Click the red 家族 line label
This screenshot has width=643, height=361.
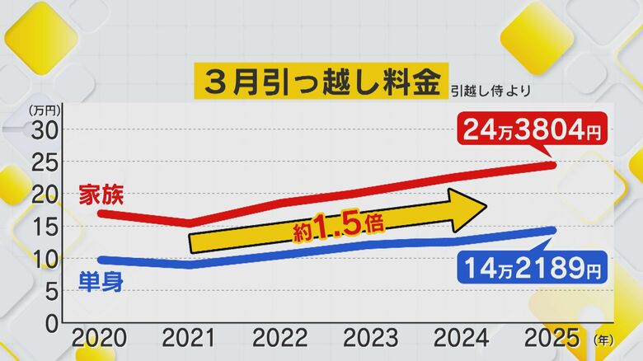pos(101,196)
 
